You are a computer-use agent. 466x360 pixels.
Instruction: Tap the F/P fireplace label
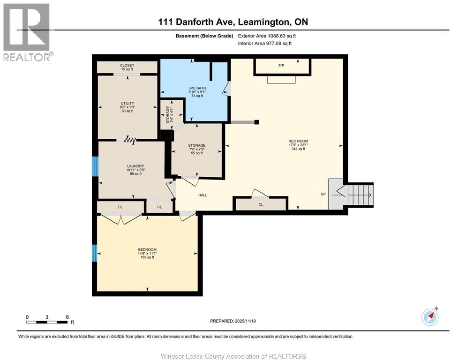coord(281,65)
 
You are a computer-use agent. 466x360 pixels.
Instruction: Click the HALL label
coord(203,195)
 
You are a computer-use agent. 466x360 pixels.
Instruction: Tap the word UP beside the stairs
coord(323,194)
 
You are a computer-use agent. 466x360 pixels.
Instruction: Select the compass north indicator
coord(430,317)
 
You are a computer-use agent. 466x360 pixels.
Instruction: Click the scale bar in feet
coord(47,322)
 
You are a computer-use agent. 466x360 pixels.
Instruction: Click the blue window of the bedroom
coord(94,253)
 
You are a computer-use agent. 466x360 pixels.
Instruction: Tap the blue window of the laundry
coord(95,166)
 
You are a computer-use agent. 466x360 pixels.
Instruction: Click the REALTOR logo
coord(27,31)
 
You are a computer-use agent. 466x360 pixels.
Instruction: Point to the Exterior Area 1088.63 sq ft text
coord(267,36)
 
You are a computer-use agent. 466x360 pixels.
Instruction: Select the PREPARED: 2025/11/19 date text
coord(233,321)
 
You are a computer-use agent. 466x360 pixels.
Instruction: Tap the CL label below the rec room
coord(261,204)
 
